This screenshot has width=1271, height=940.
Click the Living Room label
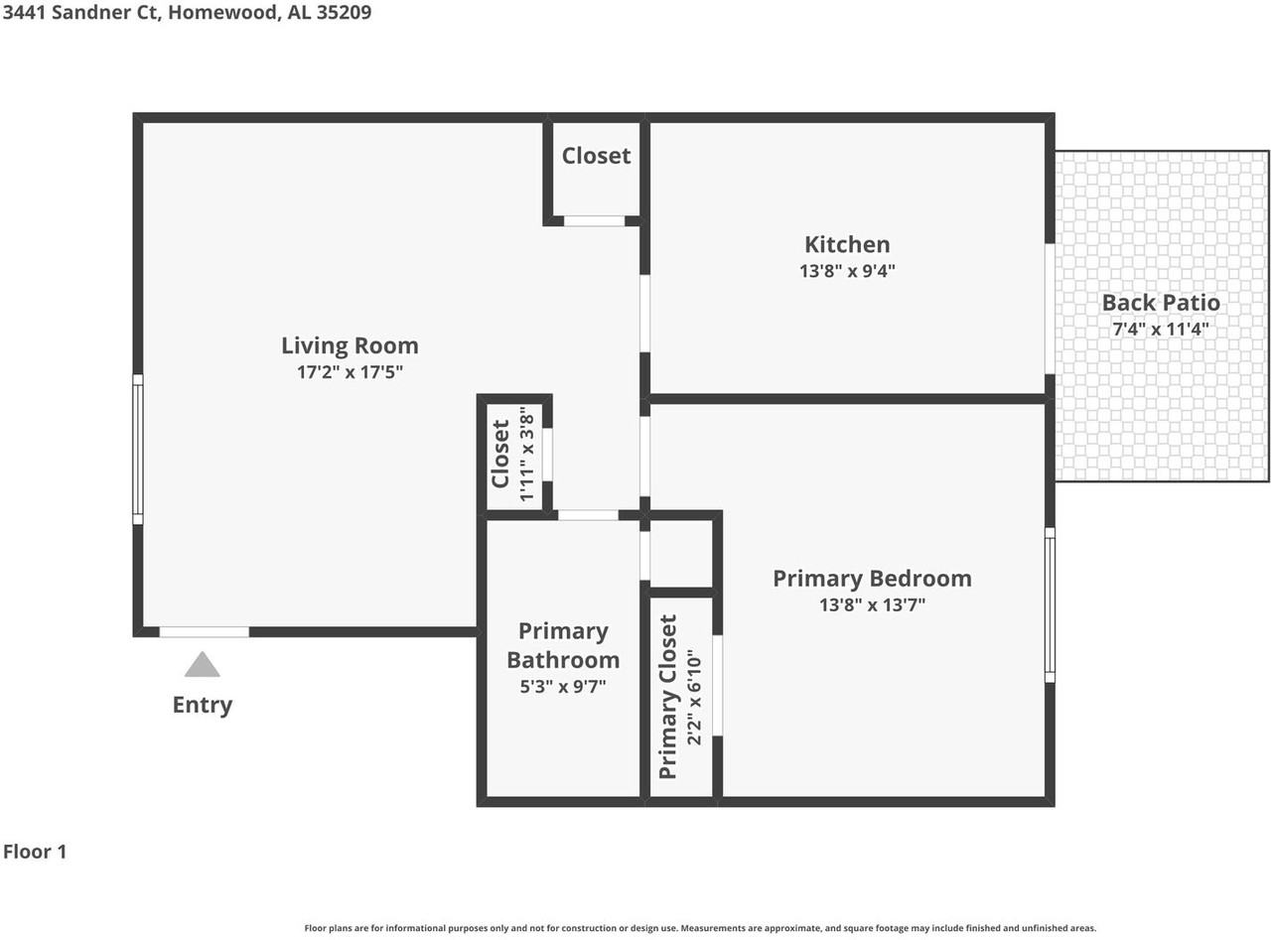tap(350, 345)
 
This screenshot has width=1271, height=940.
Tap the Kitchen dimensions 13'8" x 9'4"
tap(847, 270)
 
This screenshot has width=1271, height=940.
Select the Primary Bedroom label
tap(872, 579)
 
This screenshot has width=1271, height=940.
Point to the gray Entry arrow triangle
tap(203, 664)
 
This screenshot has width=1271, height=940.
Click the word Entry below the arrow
tap(203, 705)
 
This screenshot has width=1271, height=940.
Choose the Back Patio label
tap(1161, 303)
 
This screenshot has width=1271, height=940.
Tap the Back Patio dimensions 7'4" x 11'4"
tap(1161, 330)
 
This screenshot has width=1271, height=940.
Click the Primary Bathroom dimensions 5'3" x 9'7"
tap(563, 686)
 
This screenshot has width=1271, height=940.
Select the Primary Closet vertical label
tap(667, 697)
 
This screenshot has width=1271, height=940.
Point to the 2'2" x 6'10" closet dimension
tap(694, 697)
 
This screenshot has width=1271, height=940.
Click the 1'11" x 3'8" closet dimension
tap(526, 455)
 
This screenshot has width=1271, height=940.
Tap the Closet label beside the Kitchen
tap(596, 156)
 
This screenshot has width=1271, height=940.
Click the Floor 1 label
tap(35, 852)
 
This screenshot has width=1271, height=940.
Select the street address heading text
tap(187, 12)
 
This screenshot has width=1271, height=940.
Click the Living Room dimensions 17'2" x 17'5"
tap(350, 372)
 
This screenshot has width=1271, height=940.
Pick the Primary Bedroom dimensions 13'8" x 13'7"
tap(872, 604)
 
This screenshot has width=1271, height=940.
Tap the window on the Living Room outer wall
tap(138, 449)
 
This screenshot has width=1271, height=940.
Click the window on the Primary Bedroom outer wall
tap(1050, 604)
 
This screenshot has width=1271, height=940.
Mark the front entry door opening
tap(204, 632)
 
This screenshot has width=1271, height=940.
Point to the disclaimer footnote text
tap(700, 928)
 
